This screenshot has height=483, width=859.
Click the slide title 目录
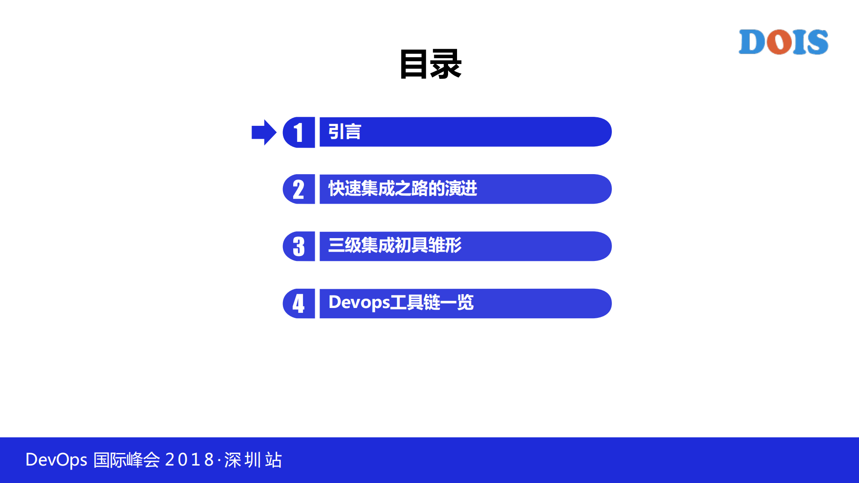pos(430,64)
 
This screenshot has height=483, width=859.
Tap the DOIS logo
pos(783,42)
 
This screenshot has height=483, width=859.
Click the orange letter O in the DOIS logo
pos(779,42)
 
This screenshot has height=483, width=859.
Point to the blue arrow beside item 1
pos(264,133)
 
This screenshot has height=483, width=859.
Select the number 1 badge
pos(299,133)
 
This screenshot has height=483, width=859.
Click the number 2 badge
pos(299,189)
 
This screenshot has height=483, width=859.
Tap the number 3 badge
pos(299,246)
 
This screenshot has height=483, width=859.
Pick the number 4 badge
pos(299,303)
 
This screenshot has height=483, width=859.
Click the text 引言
pos(344,132)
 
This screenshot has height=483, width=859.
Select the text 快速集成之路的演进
pos(402,188)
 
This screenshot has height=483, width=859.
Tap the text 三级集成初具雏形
pos(394,245)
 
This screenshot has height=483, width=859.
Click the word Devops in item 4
pos(359,303)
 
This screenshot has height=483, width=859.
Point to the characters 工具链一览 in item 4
pos(432,303)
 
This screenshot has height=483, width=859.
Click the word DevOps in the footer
pos(56,460)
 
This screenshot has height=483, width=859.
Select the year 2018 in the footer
pos(189,460)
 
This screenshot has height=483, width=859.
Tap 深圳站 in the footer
pos(253,460)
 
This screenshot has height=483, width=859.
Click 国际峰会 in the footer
pos(126,460)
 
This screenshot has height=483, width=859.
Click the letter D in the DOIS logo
pos(752,42)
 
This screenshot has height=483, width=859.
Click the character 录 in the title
pos(446,64)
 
